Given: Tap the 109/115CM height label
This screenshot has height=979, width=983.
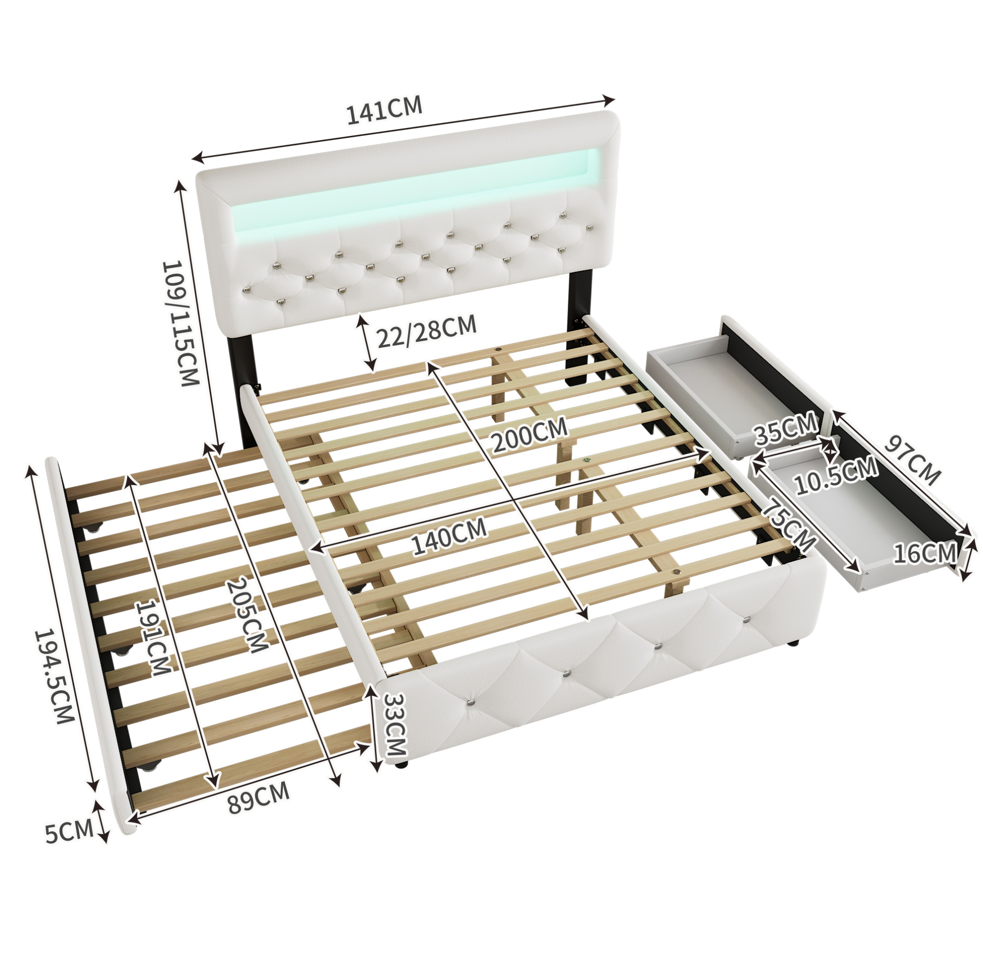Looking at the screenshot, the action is coord(180,324).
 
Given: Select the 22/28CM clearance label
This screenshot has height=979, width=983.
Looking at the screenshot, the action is coord(427,331).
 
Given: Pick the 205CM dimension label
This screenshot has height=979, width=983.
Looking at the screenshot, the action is coord(246,615).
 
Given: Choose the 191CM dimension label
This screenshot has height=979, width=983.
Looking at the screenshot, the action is coord(152,638).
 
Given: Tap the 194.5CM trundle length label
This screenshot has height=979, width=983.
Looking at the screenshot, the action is coord(54,677).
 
